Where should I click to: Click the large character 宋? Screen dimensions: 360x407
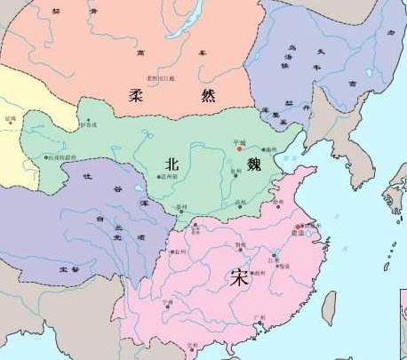239,276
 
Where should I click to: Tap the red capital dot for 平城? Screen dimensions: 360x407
238,148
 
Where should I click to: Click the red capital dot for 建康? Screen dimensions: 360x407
297,232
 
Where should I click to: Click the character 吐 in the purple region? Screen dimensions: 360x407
87,177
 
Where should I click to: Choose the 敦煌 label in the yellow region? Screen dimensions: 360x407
11,118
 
